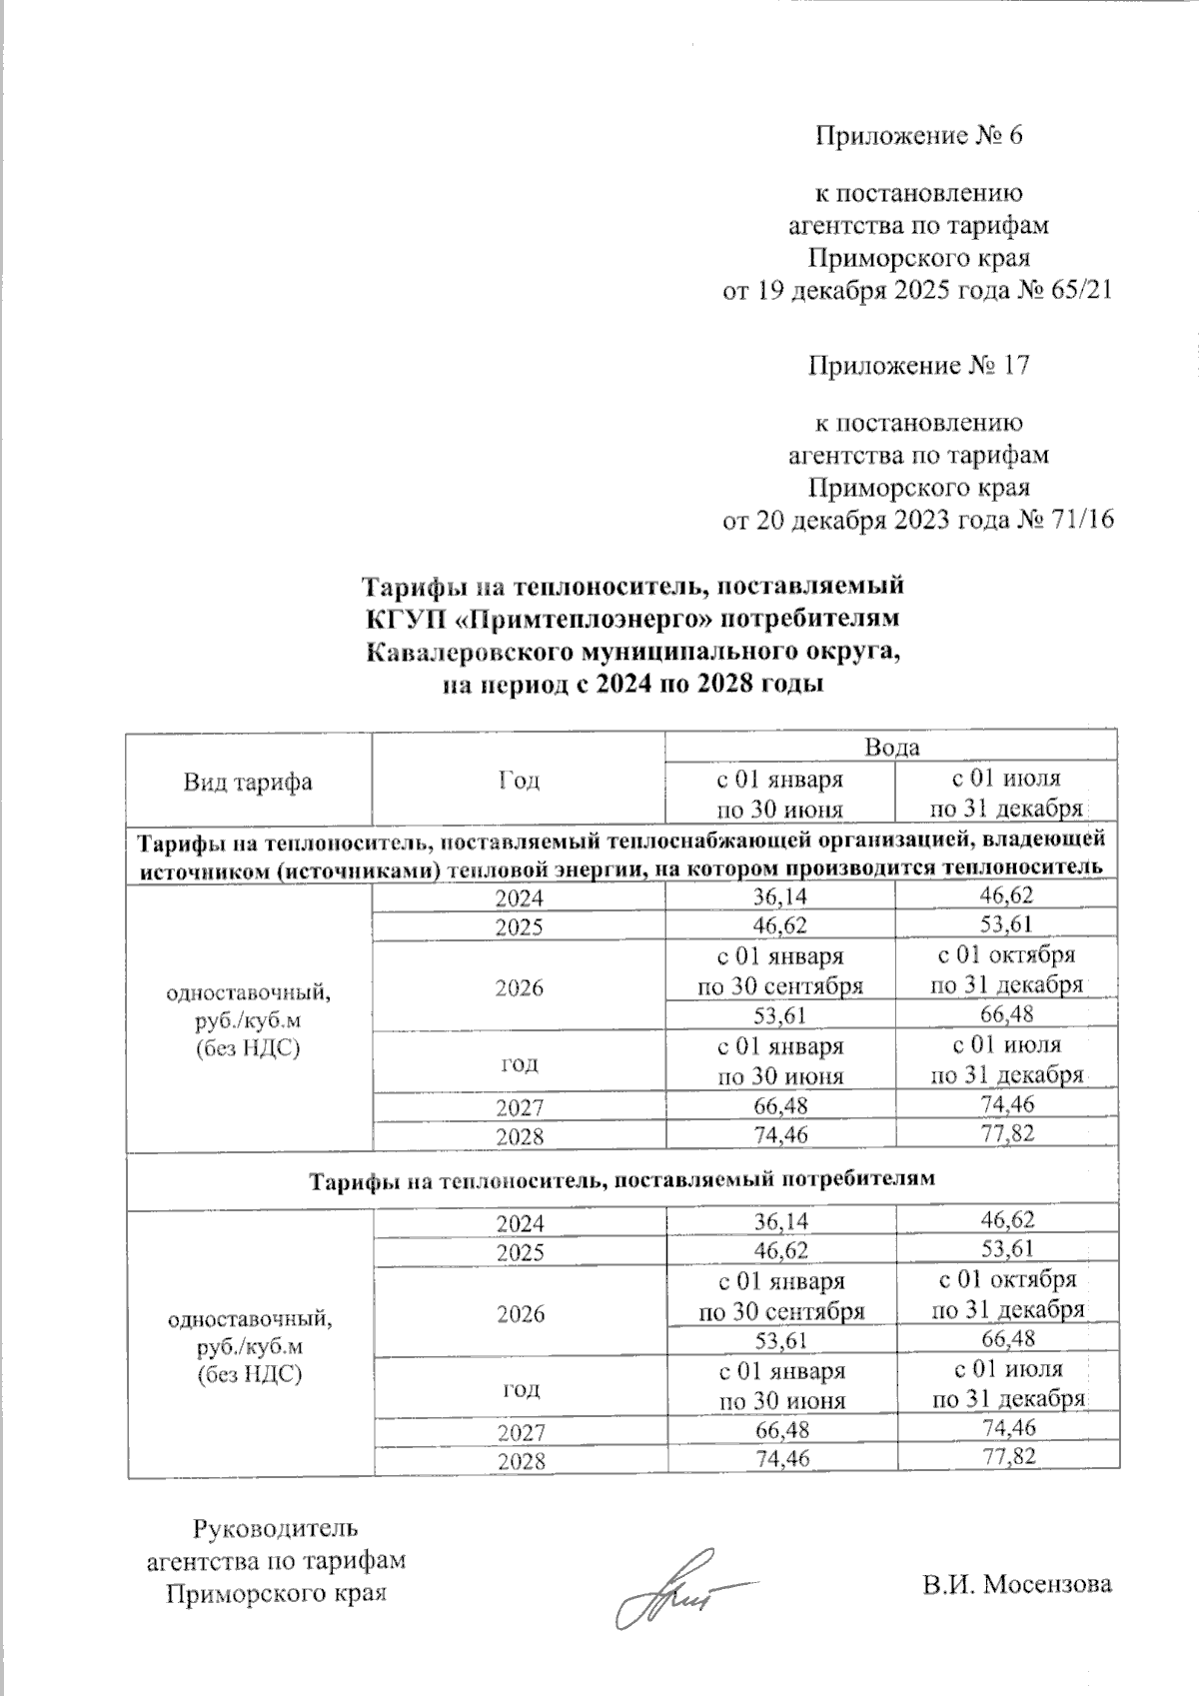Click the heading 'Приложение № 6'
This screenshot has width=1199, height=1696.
click(x=919, y=135)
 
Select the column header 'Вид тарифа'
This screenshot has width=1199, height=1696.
click(x=247, y=782)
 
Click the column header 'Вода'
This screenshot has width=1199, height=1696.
click(x=891, y=747)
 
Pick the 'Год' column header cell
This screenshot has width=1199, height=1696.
click(x=518, y=782)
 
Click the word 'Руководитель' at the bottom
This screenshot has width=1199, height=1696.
click(x=275, y=1529)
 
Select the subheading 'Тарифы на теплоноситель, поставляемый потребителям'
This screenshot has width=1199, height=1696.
click(x=620, y=1179)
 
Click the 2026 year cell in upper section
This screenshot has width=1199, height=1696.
click(x=518, y=987)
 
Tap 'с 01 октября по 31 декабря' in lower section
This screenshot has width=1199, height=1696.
click(x=1007, y=1294)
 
